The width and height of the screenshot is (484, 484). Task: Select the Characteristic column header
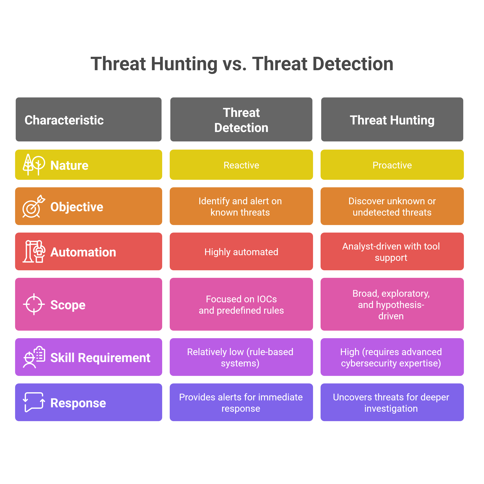[x=88, y=119]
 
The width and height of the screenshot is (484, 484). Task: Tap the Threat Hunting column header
[x=392, y=119]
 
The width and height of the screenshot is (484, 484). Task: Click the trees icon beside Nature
[x=34, y=165]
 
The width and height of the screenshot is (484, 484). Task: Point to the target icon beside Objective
[x=34, y=206]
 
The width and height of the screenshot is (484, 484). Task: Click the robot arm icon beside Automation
[x=34, y=251]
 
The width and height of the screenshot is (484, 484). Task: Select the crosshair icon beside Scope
[x=34, y=304]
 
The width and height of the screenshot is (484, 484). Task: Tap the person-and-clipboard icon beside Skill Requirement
[x=34, y=357]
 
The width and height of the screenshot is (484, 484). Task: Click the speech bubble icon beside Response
[x=34, y=402]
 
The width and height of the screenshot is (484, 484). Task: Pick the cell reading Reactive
[x=241, y=165]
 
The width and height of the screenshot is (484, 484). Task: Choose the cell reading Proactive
[x=392, y=165]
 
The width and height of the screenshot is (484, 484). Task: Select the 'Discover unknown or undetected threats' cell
[x=392, y=206]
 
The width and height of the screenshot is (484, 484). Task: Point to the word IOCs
[x=267, y=299]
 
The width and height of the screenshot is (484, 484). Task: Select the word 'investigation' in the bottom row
[x=391, y=408]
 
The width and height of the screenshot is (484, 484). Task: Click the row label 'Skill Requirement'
[x=100, y=357]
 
